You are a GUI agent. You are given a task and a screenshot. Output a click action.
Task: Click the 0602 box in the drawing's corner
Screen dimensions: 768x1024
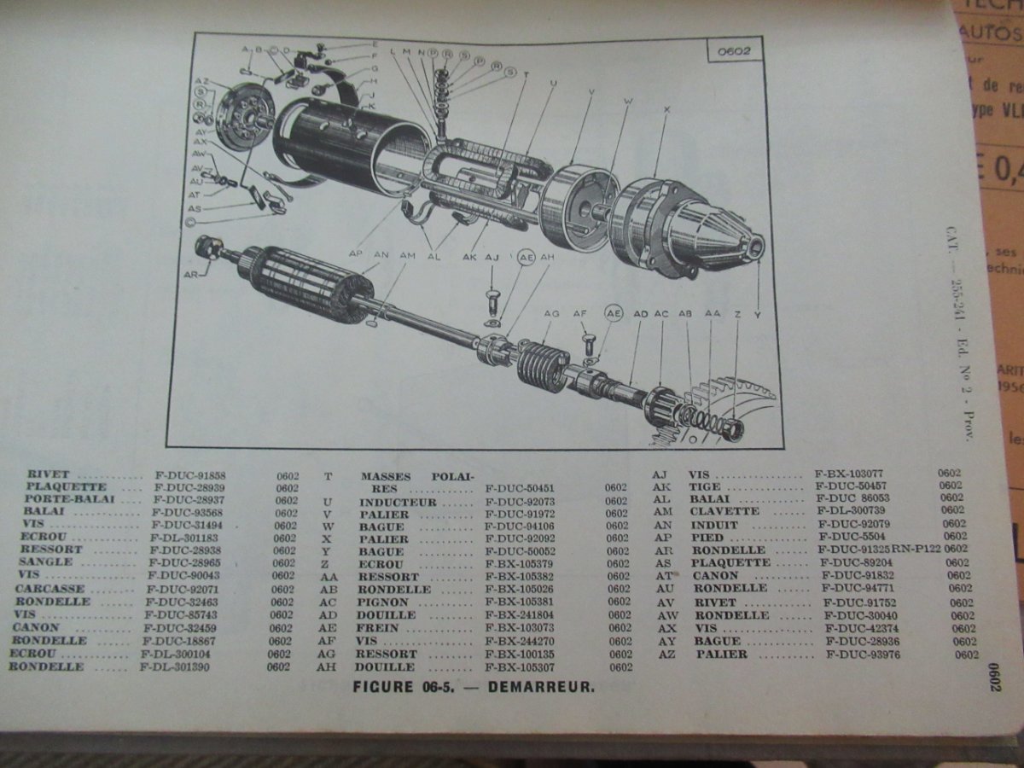point(733,51)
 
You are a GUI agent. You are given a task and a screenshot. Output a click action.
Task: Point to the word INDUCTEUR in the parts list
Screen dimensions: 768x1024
point(398,502)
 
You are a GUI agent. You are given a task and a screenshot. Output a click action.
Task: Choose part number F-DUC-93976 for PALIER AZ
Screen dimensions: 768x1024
point(863,655)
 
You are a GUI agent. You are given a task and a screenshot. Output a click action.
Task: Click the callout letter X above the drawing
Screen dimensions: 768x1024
point(666,109)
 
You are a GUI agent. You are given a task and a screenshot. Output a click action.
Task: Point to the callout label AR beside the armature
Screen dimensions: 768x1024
point(190,275)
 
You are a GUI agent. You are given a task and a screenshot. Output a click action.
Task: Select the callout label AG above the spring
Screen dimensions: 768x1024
point(551,314)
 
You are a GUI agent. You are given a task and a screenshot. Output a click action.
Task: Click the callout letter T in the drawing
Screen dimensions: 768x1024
point(527,74)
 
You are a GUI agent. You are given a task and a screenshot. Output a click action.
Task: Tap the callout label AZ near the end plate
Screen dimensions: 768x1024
point(202,81)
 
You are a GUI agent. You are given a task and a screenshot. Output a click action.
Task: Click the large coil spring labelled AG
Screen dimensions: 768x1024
point(544,365)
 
